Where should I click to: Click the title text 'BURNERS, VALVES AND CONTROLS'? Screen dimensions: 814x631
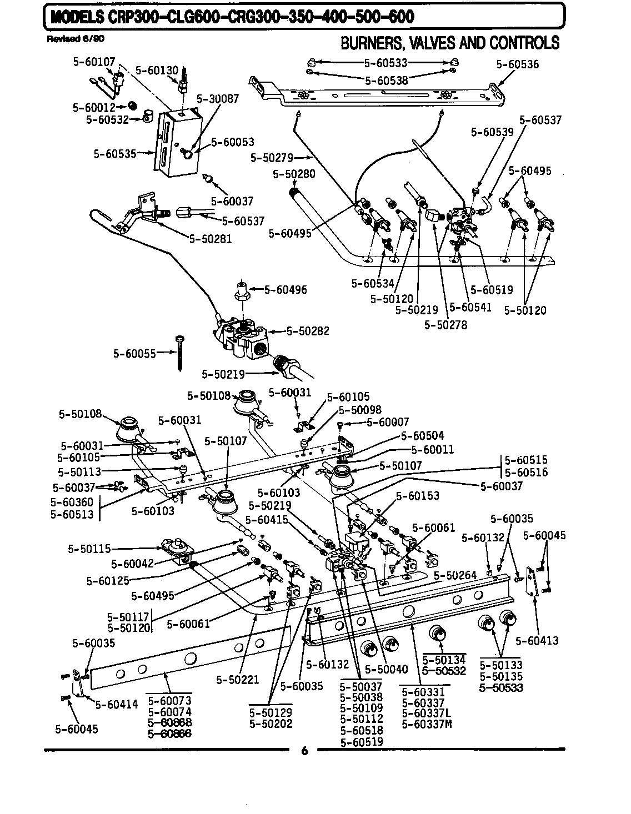[x=450, y=43]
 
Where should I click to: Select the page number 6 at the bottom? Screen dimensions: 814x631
[x=304, y=751]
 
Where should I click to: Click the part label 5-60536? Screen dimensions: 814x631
[x=517, y=64]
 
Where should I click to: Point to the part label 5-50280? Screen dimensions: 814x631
[x=294, y=174]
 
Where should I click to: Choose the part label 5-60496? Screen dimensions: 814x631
[x=285, y=289]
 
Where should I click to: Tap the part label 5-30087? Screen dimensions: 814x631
[x=218, y=98]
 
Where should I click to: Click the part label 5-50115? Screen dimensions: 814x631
[x=89, y=549]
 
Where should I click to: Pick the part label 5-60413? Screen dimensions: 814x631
[x=537, y=641]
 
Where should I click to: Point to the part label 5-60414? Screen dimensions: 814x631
[x=116, y=705]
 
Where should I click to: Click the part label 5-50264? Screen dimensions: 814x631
[x=455, y=575]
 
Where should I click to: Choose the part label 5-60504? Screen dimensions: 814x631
[x=423, y=436]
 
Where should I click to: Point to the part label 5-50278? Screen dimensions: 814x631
[x=445, y=324]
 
